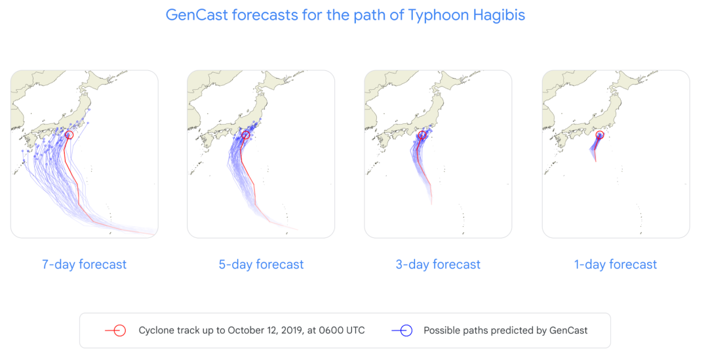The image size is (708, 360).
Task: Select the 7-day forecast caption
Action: [85, 264]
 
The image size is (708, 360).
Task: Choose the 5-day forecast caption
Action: [261, 264]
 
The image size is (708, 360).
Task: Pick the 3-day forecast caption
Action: [438, 264]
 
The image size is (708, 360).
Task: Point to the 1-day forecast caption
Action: [616, 264]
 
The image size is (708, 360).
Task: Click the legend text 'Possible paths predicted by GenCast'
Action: [505, 330]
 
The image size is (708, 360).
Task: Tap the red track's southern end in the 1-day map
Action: [595, 161]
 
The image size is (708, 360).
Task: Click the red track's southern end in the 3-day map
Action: [431, 204]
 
